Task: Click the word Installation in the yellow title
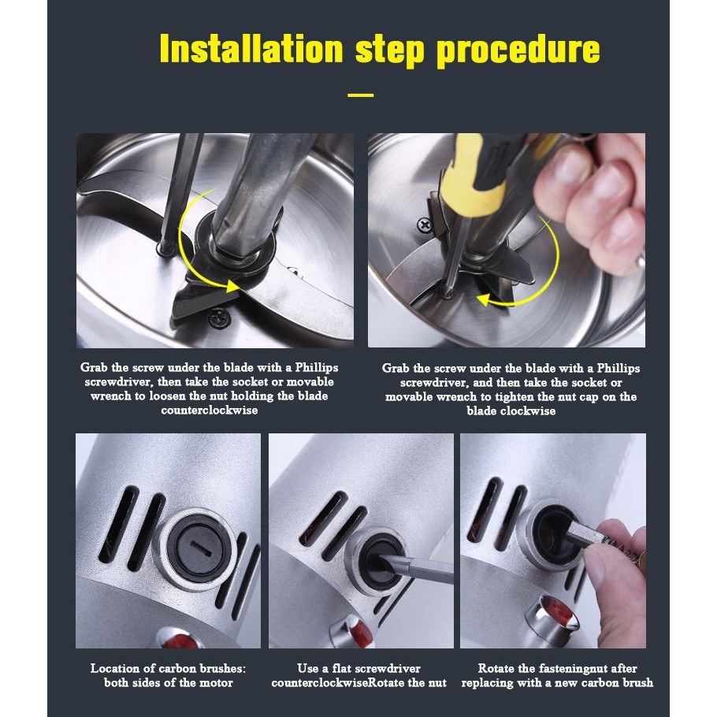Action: coord(251,49)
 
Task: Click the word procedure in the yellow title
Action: coord(518,50)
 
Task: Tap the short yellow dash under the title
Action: coord(361,95)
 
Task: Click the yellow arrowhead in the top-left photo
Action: coord(232,286)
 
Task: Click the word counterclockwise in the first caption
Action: coord(209,411)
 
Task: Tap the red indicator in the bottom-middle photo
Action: coord(358,633)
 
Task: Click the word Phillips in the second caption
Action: coord(619,369)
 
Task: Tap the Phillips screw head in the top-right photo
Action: coord(425,225)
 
